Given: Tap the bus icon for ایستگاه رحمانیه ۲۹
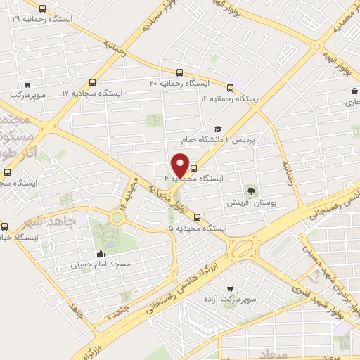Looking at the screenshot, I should (x=43, y=9).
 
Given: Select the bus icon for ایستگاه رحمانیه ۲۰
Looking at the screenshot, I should (x=179, y=72).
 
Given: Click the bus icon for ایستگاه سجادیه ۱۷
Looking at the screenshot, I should (x=94, y=82).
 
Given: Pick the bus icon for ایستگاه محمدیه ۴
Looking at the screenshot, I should (x=194, y=168).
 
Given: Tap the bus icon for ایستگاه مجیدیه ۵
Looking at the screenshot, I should (x=197, y=217).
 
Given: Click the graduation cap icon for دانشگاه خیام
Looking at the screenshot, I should (x=218, y=129).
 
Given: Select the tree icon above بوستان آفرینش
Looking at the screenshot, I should (x=250, y=190).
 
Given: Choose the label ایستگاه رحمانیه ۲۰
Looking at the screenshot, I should (x=175, y=84).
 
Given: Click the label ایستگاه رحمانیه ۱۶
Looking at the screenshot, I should (x=231, y=100).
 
